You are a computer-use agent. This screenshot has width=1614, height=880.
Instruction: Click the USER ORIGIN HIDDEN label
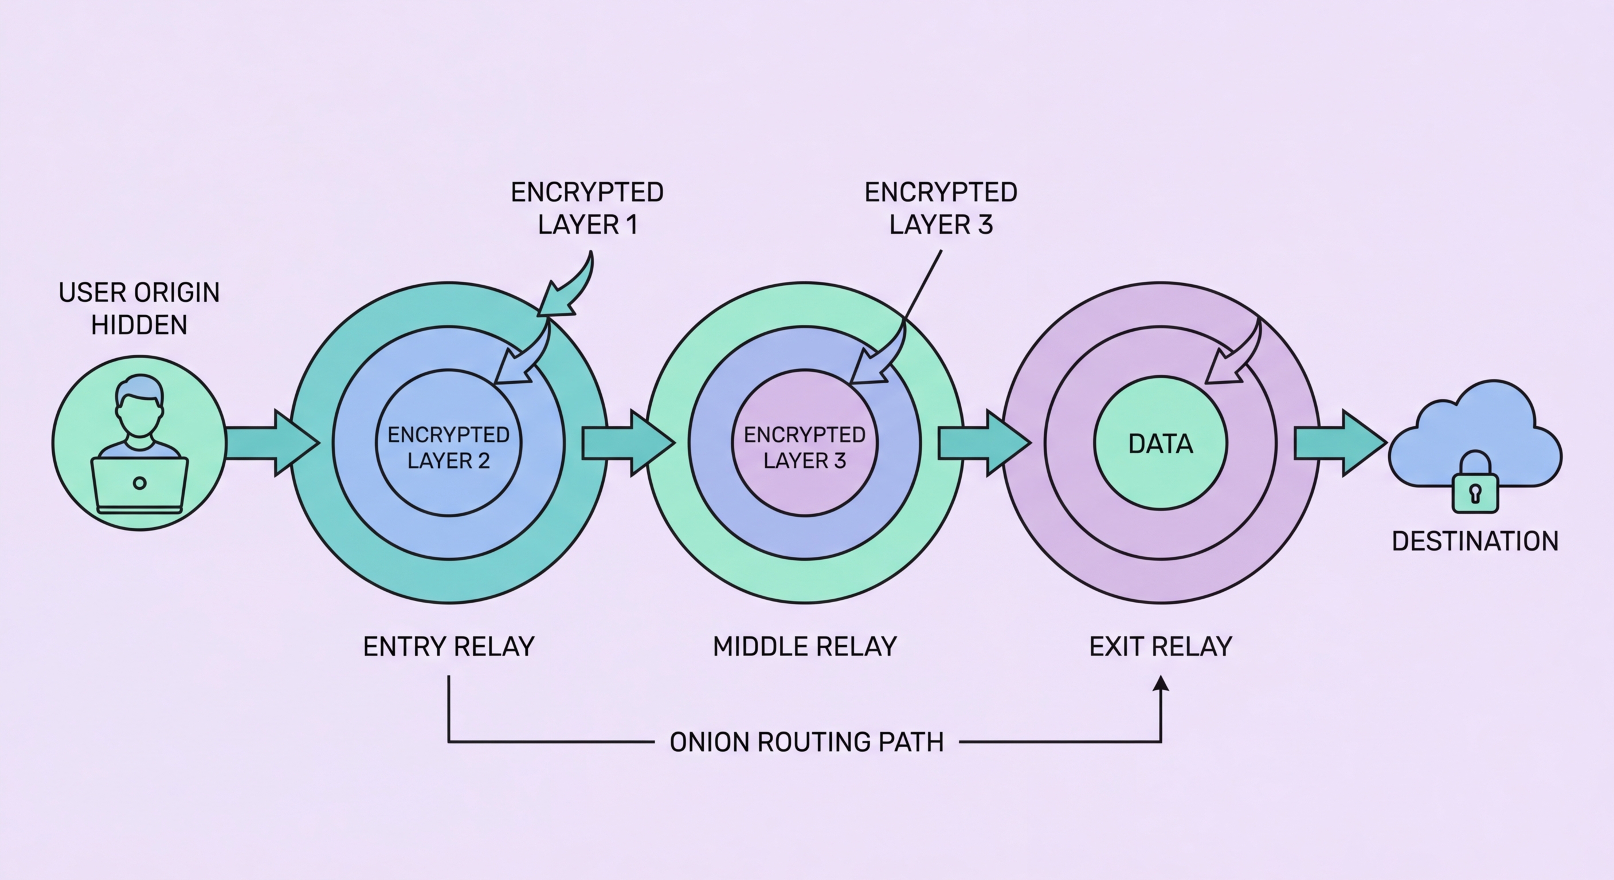139,309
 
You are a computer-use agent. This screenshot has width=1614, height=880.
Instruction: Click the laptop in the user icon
140,484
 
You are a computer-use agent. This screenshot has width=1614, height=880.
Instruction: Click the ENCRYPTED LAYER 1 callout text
587,209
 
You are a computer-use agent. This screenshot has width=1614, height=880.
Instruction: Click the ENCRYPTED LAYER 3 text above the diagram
941,209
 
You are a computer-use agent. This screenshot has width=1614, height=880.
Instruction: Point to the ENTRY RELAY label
449,646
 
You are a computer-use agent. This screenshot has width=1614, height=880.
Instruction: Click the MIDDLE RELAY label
805,646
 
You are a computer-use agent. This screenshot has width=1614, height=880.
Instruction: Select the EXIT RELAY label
1161,646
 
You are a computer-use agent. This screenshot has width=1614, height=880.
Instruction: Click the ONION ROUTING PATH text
806,742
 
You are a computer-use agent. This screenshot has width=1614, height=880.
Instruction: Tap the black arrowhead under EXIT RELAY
1161,684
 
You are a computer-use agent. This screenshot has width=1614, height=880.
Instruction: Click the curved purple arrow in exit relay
1235,357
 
